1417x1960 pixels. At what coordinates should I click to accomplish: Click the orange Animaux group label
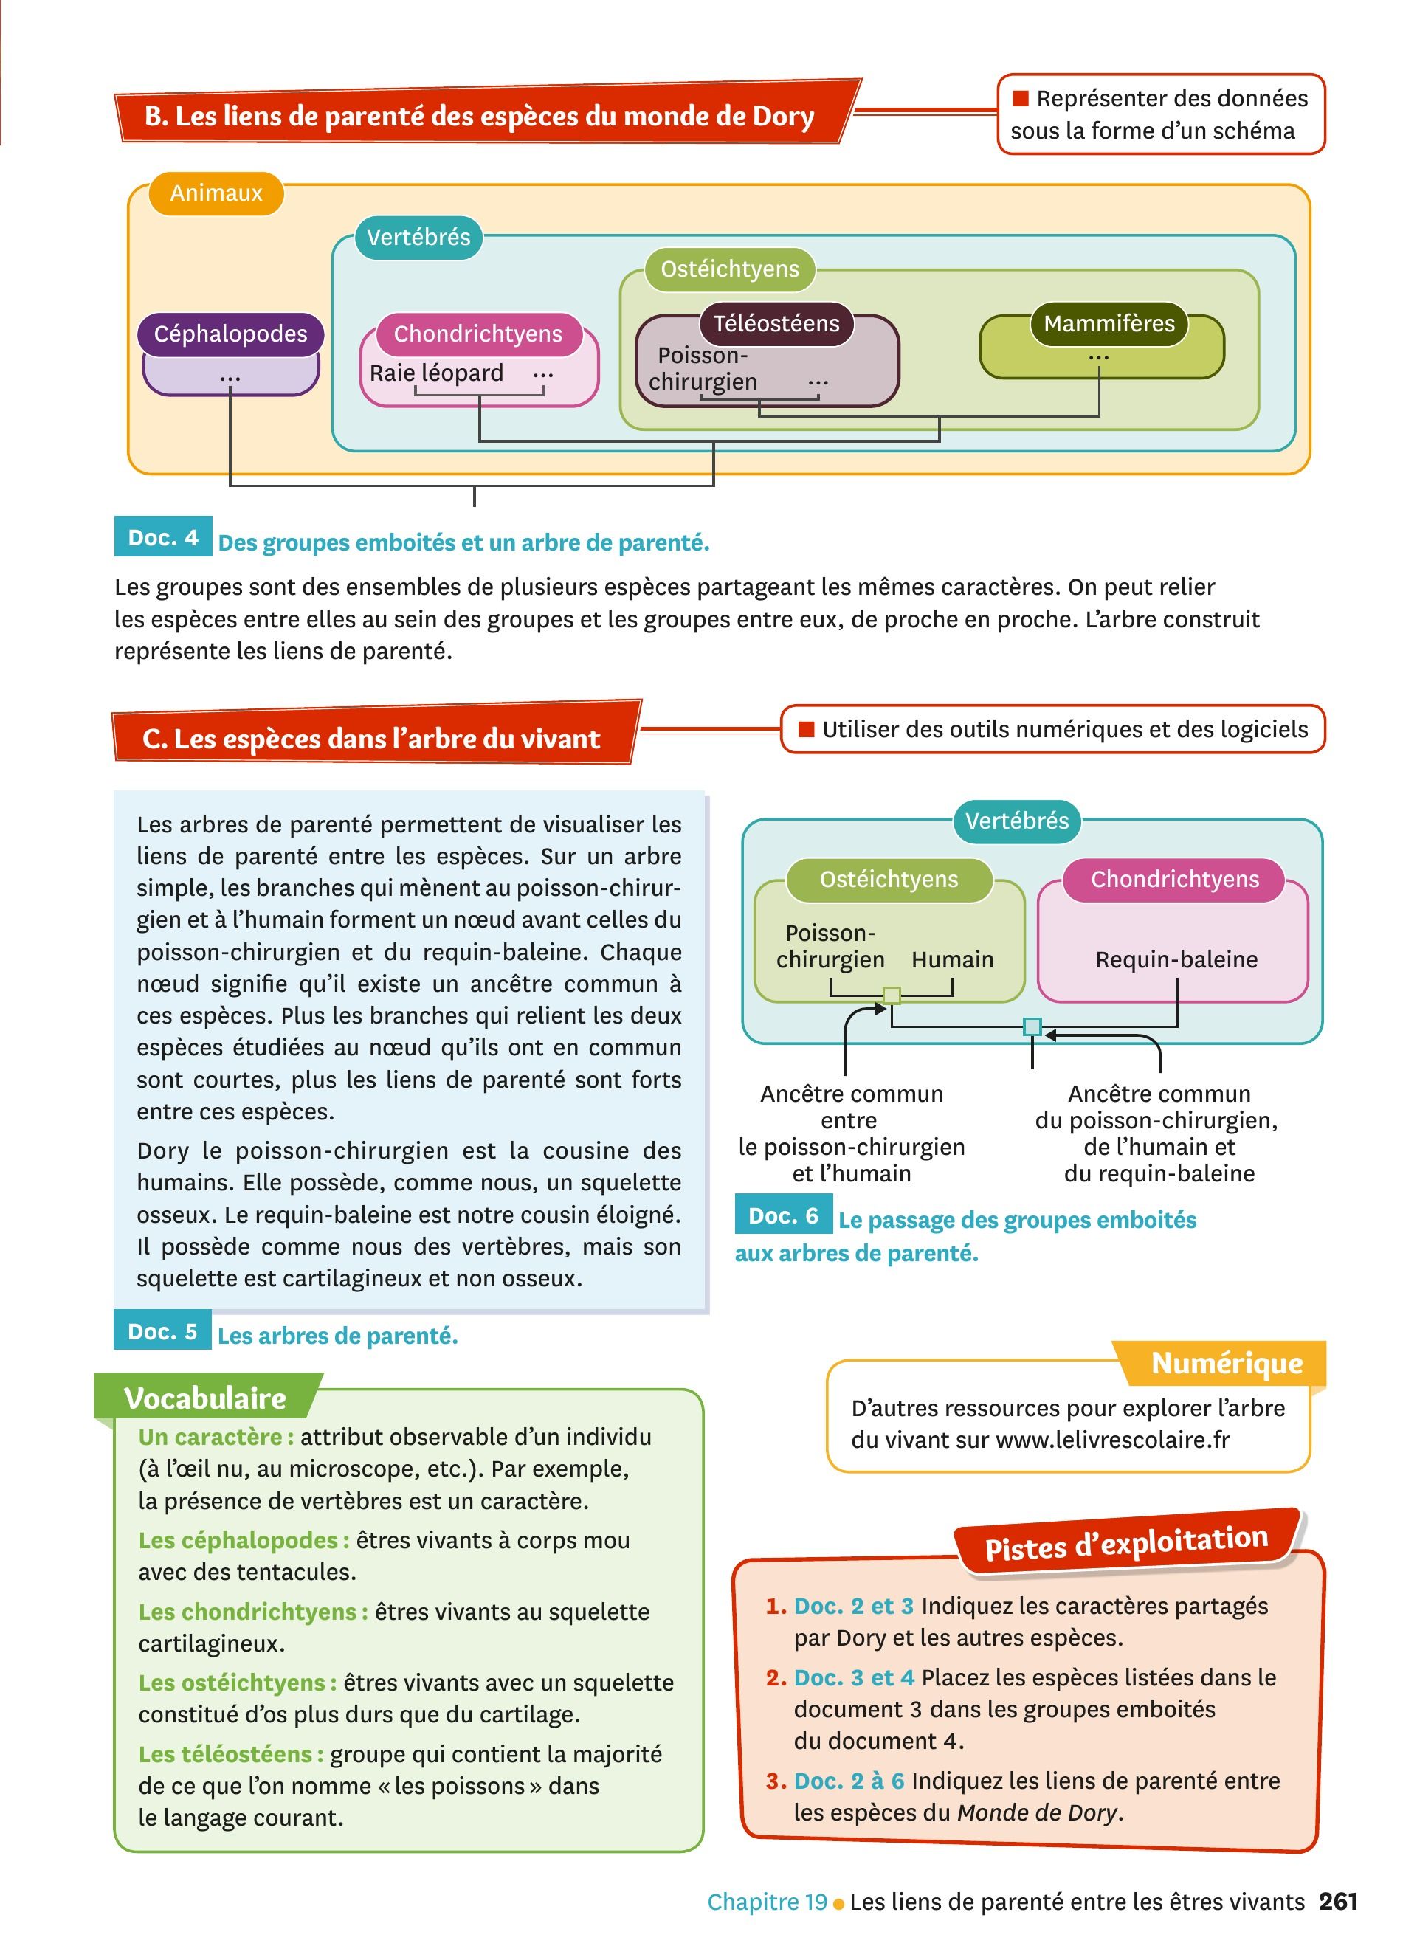pyautogui.click(x=216, y=193)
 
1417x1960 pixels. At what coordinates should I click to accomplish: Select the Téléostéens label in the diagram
pyautogui.click(x=776, y=323)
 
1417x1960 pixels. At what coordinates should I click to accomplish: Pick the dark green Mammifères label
pyautogui.click(x=1109, y=323)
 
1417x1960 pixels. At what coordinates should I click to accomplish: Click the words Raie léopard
pyautogui.click(x=436, y=373)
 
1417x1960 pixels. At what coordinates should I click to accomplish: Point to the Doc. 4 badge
pyautogui.click(x=162, y=537)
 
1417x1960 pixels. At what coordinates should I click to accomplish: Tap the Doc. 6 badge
pyautogui.click(x=783, y=1216)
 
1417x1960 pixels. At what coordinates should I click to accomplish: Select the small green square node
pyautogui.click(x=892, y=996)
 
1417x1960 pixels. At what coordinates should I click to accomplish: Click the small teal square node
pyautogui.click(x=1032, y=1026)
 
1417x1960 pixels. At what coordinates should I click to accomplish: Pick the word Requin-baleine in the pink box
pyautogui.click(x=1176, y=959)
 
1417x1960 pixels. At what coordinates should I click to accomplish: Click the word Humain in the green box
pyautogui.click(x=952, y=959)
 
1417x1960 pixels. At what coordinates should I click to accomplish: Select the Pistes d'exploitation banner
pyautogui.click(x=1125, y=1542)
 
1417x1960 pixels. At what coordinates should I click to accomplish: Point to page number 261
pyautogui.click(x=1338, y=1901)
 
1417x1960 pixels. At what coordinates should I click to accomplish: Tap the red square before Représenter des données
pyautogui.click(x=1021, y=99)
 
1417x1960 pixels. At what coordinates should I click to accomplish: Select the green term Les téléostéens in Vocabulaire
pyautogui.click(x=230, y=1753)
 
